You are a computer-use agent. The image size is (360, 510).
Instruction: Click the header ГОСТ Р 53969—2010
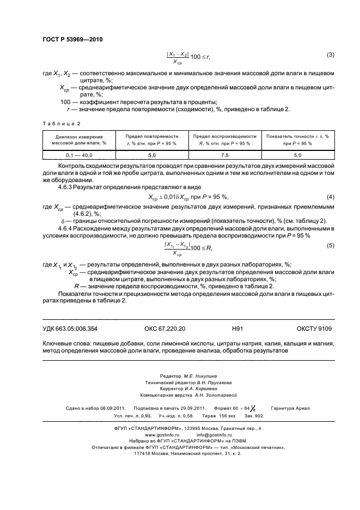coord(72,40)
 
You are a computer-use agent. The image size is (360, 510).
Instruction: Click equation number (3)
coord(330,55)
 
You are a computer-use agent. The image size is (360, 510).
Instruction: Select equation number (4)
coord(330,196)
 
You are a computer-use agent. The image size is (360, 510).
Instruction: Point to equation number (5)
coord(330,246)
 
